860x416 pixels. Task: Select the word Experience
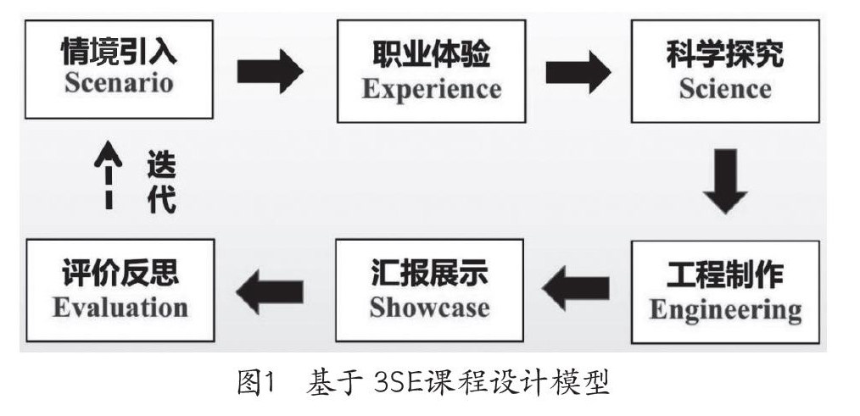click(x=431, y=87)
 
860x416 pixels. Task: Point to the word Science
click(x=724, y=87)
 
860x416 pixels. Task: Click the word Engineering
click(x=725, y=309)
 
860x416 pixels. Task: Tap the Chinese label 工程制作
click(x=725, y=275)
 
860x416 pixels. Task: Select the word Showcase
click(x=429, y=307)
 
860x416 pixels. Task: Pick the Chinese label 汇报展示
click(x=429, y=275)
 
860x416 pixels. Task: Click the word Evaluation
click(x=120, y=306)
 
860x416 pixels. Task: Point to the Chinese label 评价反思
click(x=120, y=275)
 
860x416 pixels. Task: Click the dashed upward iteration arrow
click(x=109, y=176)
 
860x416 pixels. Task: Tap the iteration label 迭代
click(x=161, y=180)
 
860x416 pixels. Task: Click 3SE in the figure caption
click(x=398, y=385)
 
